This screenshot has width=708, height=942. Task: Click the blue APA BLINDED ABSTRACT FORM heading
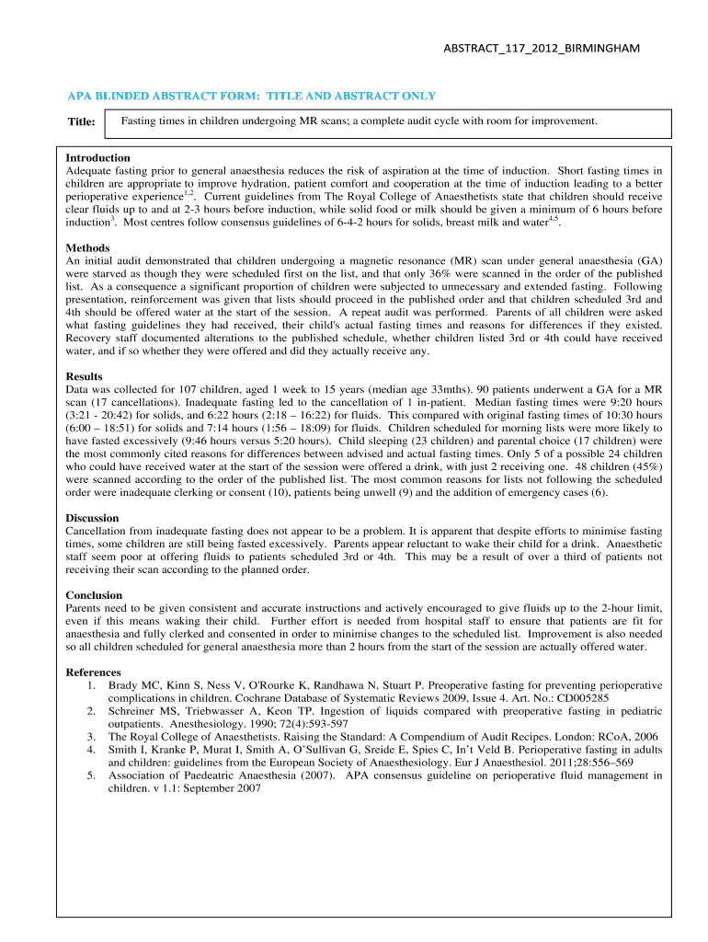(251, 96)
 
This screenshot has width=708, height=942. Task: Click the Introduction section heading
(98, 158)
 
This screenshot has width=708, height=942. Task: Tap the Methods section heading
(88, 248)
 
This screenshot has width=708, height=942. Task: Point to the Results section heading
(85, 377)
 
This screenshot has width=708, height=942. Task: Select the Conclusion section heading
(96, 595)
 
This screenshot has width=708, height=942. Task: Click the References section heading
(94, 672)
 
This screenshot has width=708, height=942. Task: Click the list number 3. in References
(92, 737)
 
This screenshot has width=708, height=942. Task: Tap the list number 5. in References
(92, 775)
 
